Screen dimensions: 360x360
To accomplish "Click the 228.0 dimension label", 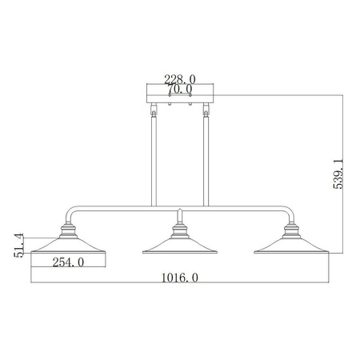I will click(x=180, y=78).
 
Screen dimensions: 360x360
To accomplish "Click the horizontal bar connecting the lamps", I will click(x=180, y=210).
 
